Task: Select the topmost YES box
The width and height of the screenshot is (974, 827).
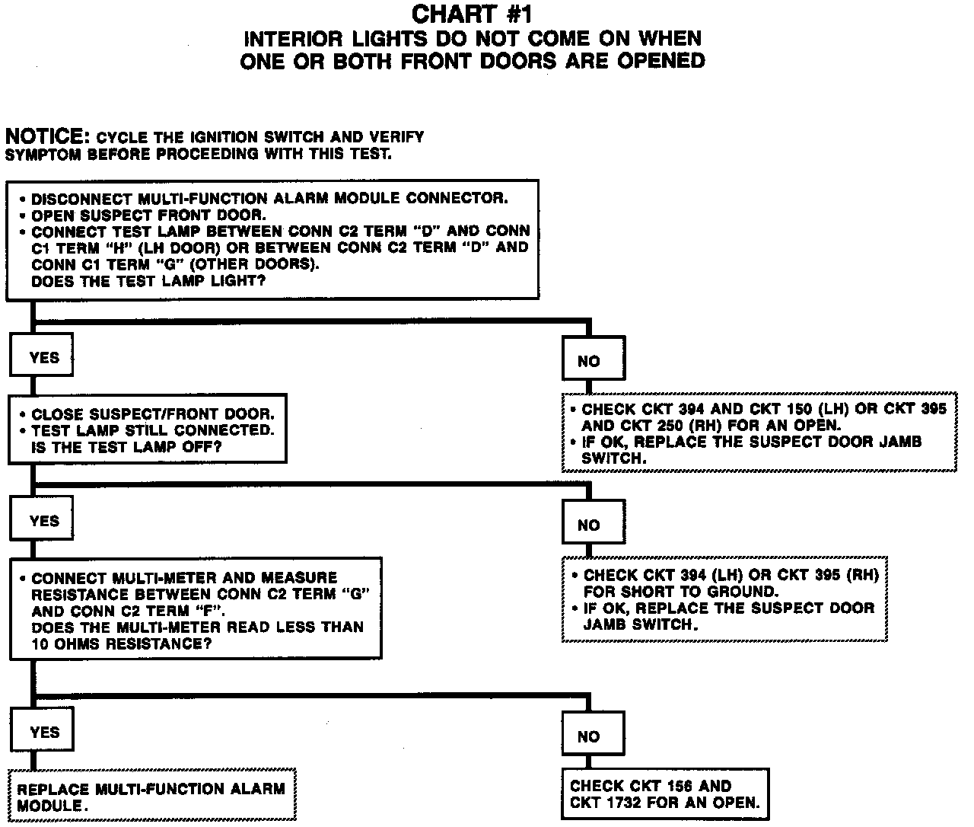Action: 43,356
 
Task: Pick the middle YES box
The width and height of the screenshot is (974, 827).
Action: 43,521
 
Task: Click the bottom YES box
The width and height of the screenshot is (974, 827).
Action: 44,733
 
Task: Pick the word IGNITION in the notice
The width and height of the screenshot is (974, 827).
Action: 221,138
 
